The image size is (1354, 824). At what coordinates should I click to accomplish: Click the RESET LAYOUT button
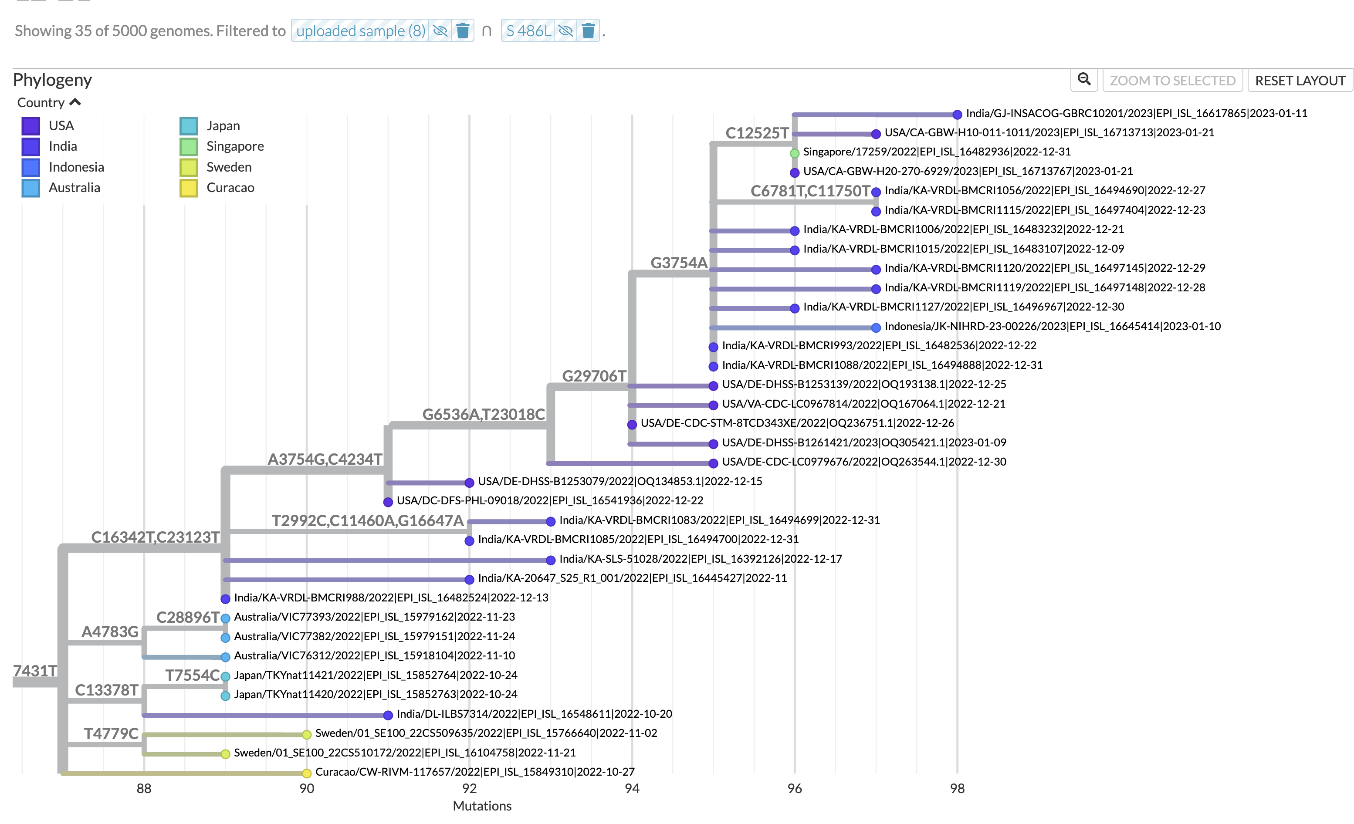(1300, 81)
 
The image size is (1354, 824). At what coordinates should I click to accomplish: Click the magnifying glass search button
(1083, 80)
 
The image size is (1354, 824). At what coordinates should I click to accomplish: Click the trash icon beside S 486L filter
(588, 31)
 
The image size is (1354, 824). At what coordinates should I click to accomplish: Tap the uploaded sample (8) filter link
(360, 31)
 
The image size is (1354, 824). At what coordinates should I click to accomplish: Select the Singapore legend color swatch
(189, 147)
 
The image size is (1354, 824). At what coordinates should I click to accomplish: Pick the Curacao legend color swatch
(189, 188)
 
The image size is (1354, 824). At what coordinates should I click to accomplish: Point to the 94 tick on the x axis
(632, 788)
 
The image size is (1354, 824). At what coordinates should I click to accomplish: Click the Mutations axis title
(482, 806)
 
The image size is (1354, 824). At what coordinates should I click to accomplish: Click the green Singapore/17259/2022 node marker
(795, 153)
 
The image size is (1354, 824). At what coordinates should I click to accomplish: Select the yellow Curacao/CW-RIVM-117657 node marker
(307, 773)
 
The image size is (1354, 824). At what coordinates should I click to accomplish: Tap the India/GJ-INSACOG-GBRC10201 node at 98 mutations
(957, 114)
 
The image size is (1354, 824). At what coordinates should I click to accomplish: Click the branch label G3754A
(679, 263)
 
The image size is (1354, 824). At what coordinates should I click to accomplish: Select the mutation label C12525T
(757, 133)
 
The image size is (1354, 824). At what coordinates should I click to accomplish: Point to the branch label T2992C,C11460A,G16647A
(368, 520)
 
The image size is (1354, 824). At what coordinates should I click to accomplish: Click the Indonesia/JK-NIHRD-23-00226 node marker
(876, 328)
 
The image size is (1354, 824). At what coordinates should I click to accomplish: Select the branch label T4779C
(111, 733)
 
